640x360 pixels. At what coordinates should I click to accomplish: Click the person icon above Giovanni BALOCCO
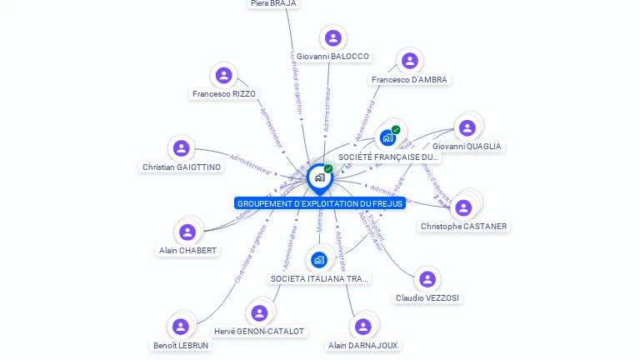(333, 38)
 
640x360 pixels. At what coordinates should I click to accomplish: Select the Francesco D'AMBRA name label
(409, 80)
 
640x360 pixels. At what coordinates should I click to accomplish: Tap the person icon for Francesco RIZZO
(223, 76)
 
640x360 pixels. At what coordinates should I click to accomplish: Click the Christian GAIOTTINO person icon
(181, 148)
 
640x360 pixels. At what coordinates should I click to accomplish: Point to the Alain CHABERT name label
(187, 251)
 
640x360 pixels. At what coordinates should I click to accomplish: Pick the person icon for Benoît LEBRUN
(181, 327)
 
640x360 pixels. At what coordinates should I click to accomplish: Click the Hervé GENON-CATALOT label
(259, 332)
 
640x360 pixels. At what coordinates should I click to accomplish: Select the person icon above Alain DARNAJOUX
(362, 327)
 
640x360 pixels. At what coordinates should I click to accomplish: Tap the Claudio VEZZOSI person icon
(427, 279)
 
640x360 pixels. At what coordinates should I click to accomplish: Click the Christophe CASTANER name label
(463, 227)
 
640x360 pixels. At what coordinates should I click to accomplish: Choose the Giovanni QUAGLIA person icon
(467, 127)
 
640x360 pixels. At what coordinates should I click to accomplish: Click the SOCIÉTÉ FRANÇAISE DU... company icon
(387, 138)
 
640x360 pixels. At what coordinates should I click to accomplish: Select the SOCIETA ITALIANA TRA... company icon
(319, 260)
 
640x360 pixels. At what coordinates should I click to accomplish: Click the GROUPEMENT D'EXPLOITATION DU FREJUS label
(320, 204)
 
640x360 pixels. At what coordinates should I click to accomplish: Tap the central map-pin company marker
(319, 177)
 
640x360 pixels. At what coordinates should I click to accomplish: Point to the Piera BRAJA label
(273, 3)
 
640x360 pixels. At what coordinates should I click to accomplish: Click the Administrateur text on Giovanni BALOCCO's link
(327, 108)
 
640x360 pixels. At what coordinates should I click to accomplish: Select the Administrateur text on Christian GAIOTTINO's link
(251, 163)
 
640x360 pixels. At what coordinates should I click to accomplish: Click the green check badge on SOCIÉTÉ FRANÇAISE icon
(396, 130)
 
